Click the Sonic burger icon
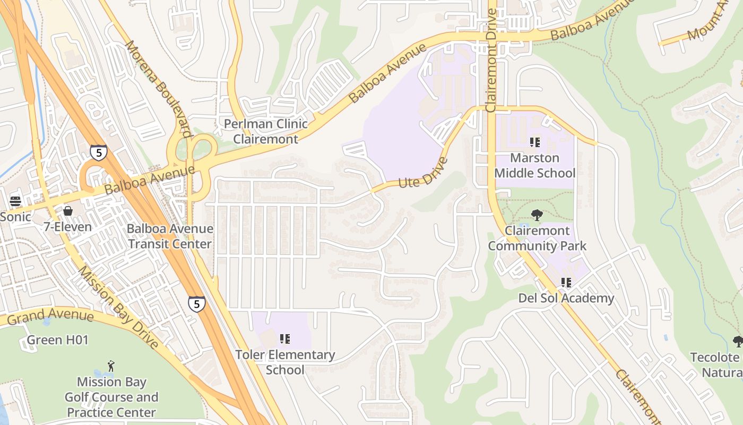[15, 201]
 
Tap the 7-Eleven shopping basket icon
[68, 211]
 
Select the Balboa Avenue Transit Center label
[170, 236]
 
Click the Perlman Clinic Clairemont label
[265, 131]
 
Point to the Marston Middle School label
[534, 165]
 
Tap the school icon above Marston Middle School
[534, 142]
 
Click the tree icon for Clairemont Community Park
[537, 215]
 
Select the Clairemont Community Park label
[537, 238]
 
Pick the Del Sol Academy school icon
[566, 283]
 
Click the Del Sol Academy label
[566, 298]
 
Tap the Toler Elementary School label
[285, 362]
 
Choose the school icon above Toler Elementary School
[285, 338]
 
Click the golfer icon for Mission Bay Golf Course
[111, 366]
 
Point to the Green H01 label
[57, 340]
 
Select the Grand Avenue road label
[50, 317]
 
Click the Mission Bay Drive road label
[118, 307]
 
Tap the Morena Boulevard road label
[158, 89]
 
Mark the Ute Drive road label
[423, 173]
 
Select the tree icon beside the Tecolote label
[737, 341]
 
